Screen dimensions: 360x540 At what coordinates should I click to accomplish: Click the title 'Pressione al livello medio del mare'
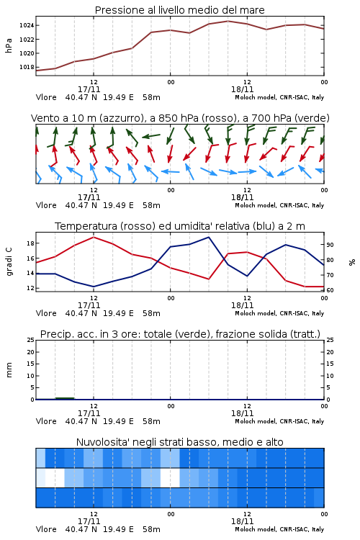(179, 10)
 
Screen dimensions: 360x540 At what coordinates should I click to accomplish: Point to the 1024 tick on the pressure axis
(27, 25)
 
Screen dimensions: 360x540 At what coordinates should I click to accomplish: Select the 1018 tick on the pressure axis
(27, 67)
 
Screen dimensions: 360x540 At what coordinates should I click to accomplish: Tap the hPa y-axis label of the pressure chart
(9, 45)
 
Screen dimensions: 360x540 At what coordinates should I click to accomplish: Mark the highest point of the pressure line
(228, 21)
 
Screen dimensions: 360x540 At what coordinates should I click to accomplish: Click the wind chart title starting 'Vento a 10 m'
(180, 118)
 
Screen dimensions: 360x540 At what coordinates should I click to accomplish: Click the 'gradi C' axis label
(9, 261)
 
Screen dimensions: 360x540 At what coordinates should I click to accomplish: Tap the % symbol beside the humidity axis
(352, 262)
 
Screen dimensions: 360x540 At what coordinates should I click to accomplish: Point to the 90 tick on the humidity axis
(330, 245)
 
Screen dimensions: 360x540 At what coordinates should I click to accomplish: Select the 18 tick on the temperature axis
(30, 243)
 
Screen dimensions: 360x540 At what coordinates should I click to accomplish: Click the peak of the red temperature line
(94, 237)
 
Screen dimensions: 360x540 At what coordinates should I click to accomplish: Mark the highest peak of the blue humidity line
(208, 237)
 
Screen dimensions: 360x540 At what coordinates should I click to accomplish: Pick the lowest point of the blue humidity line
(94, 287)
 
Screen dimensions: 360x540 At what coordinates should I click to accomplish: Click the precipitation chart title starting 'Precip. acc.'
(180, 334)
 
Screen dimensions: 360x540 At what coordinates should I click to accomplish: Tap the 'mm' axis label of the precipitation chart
(9, 370)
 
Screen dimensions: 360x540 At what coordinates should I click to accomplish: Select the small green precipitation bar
(65, 398)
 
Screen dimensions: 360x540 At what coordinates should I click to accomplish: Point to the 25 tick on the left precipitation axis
(30, 340)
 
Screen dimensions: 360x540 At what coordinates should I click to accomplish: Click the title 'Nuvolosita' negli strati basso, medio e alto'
(180, 442)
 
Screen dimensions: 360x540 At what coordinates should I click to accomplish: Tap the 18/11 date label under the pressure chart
(242, 89)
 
